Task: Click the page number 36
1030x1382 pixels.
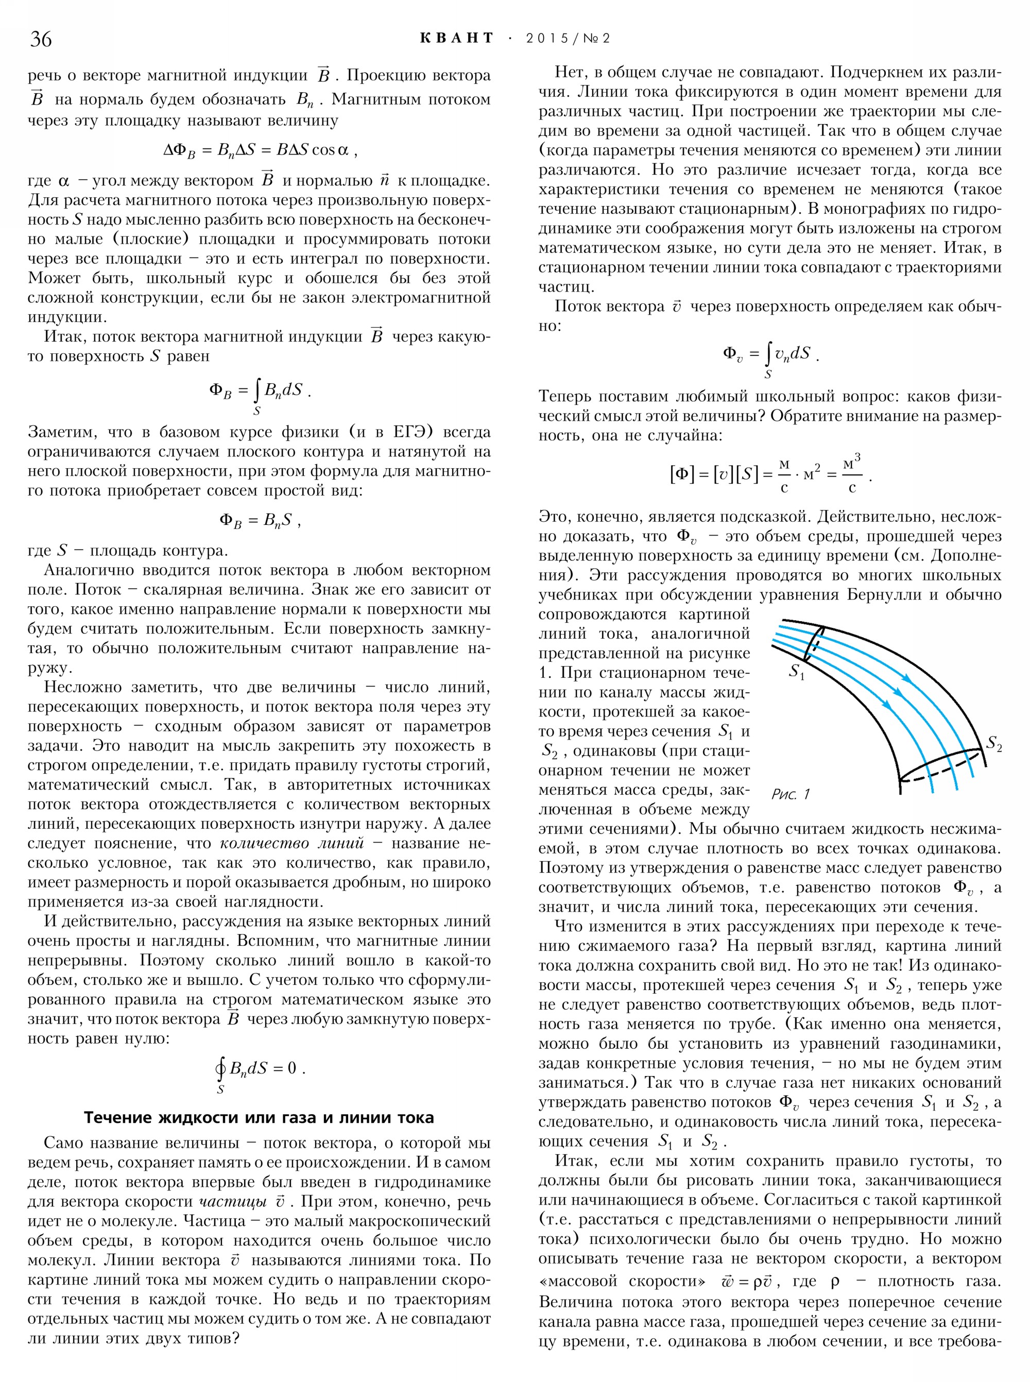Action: click(41, 39)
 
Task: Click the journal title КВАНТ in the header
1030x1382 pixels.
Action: click(457, 38)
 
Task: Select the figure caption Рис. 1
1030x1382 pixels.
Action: click(790, 794)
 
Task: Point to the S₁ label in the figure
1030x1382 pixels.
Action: click(796, 672)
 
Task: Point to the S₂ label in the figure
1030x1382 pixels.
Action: click(993, 743)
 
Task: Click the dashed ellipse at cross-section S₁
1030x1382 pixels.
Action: click(813, 642)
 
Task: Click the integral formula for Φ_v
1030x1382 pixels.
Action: click(770, 355)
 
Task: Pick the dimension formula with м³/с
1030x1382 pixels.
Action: click(770, 475)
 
